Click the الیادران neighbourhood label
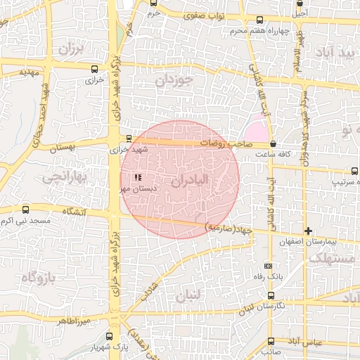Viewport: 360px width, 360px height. tap(199, 181)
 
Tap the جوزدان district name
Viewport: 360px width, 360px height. tap(173, 81)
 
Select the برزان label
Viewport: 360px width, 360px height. tap(71, 49)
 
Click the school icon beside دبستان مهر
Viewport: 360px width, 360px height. tap(139, 177)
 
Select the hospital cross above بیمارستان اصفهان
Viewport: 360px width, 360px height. tap(307, 231)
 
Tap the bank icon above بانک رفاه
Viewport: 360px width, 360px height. tap(268, 266)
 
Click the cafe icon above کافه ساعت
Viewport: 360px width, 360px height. tap(272, 143)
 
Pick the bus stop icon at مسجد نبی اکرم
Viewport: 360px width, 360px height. tap(26, 210)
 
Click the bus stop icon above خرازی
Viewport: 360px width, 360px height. tap(94, 69)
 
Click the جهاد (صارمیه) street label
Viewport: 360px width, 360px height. tap(229, 229)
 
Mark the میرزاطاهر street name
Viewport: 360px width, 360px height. tap(73, 320)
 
